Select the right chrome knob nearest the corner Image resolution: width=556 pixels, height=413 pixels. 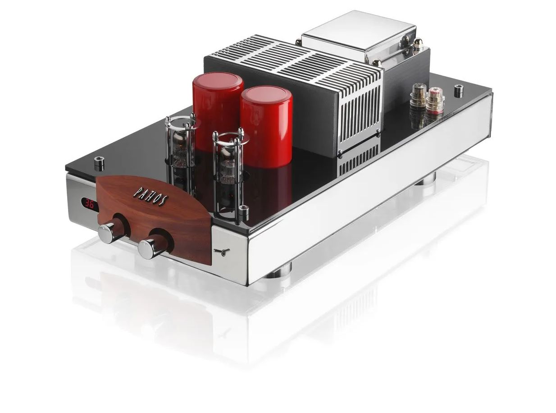point(149,249)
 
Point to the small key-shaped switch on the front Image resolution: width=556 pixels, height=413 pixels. point(222,251)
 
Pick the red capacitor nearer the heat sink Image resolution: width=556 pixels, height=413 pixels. point(266,126)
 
